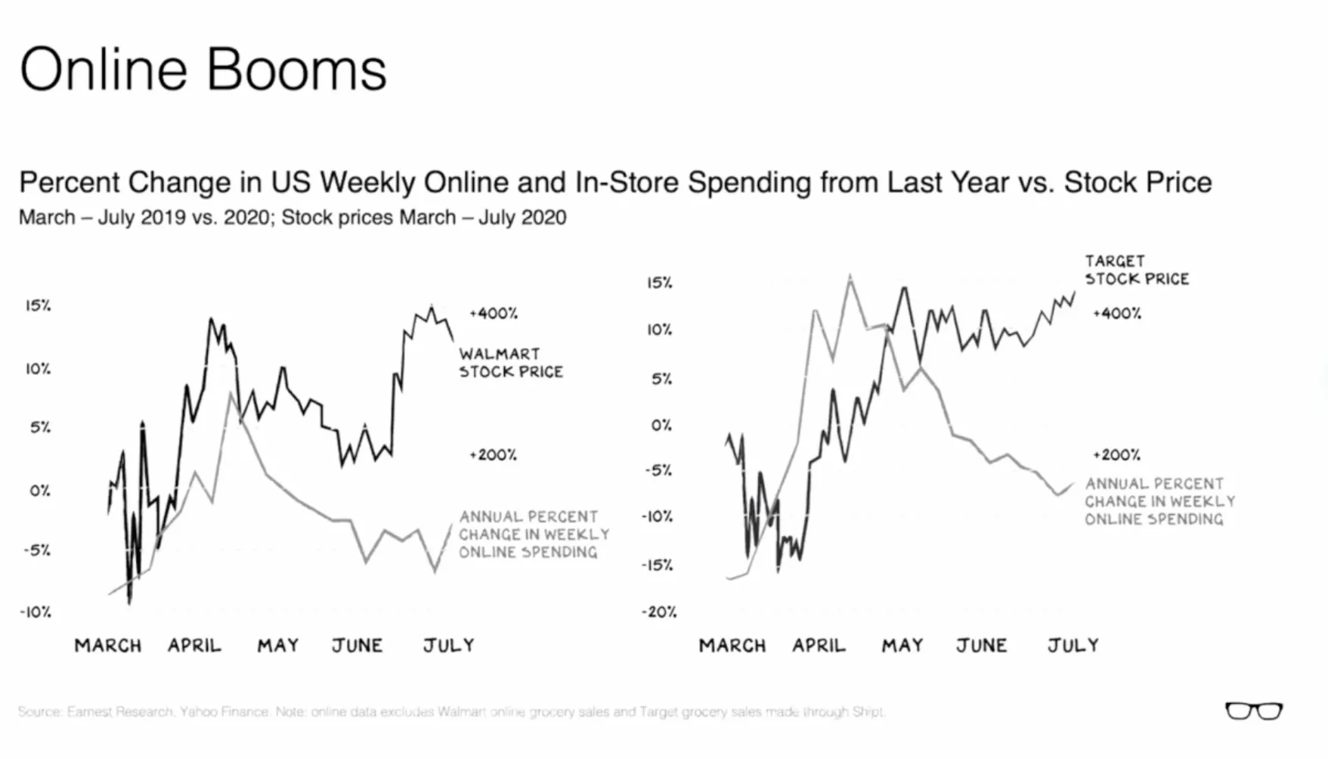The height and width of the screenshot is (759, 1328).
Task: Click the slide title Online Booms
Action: tap(203, 70)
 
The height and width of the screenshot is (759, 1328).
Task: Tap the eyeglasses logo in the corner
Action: tap(1253, 711)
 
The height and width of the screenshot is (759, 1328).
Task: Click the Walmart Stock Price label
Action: tap(510, 363)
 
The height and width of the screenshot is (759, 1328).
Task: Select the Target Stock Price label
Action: tap(1136, 270)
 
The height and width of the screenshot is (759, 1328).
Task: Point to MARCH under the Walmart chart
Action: tap(107, 646)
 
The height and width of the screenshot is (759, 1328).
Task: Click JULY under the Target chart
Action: tap(1073, 646)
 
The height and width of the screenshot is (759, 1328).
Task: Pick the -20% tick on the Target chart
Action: tap(659, 612)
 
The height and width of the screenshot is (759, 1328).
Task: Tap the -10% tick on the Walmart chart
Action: tap(36, 612)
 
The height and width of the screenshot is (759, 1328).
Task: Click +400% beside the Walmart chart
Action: tap(493, 313)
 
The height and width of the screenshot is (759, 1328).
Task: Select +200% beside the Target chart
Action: tap(1116, 455)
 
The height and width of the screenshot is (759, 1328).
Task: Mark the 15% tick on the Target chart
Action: tap(659, 283)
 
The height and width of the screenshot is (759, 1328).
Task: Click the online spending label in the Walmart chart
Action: tap(533, 534)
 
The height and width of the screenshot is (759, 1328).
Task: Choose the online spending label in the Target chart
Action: tap(1159, 501)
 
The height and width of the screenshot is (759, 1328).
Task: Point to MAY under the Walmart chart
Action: tap(277, 646)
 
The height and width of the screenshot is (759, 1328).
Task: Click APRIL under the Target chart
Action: tap(819, 646)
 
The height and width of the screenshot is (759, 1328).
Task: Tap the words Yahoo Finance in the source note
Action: tap(224, 711)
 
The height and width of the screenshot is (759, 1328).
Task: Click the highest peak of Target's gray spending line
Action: tap(850, 277)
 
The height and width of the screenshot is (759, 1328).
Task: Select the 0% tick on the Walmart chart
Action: tap(39, 491)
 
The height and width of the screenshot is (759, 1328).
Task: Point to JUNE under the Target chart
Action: tap(981, 646)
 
